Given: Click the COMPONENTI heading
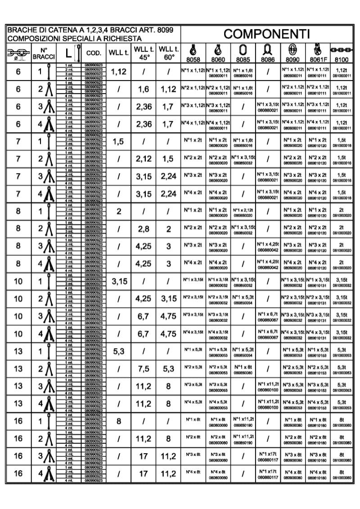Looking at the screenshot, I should tap(268, 34).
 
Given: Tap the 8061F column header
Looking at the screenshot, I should tap(317, 58).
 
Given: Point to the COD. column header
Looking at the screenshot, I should tap(94, 53).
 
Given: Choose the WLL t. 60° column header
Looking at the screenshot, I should tap(169, 53).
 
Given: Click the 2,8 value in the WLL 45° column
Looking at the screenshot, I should tap(144, 229).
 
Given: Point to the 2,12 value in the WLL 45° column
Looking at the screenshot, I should tap(144, 159).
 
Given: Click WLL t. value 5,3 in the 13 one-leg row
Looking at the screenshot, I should tap(119, 352).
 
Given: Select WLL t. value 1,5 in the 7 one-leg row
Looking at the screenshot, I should tap(119, 142).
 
